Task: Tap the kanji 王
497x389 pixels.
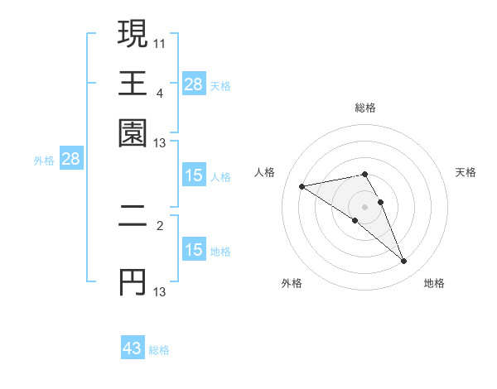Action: coord(133,83)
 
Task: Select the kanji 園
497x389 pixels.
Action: coord(133,132)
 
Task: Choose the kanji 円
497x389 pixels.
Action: coord(133,282)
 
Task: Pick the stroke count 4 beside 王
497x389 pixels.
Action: coord(160,92)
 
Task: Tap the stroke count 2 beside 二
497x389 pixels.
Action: coord(160,224)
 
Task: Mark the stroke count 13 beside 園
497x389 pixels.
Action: coord(160,143)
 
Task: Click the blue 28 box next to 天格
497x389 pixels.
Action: coord(193,84)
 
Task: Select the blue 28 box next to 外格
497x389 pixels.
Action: coord(70,160)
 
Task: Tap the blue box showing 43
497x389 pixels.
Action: coord(133,348)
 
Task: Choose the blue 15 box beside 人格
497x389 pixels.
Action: coord(193,175)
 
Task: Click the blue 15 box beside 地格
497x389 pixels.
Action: coord(193,250)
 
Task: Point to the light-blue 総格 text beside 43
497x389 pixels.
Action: coord(159,350)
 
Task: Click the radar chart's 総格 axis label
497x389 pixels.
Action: coord(364,108)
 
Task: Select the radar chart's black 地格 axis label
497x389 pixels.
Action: coord(434,283)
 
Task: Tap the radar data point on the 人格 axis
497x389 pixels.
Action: coord(302,185)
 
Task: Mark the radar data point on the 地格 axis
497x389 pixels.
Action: coord(404,262)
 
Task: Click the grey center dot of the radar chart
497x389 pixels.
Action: coord(364,205)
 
